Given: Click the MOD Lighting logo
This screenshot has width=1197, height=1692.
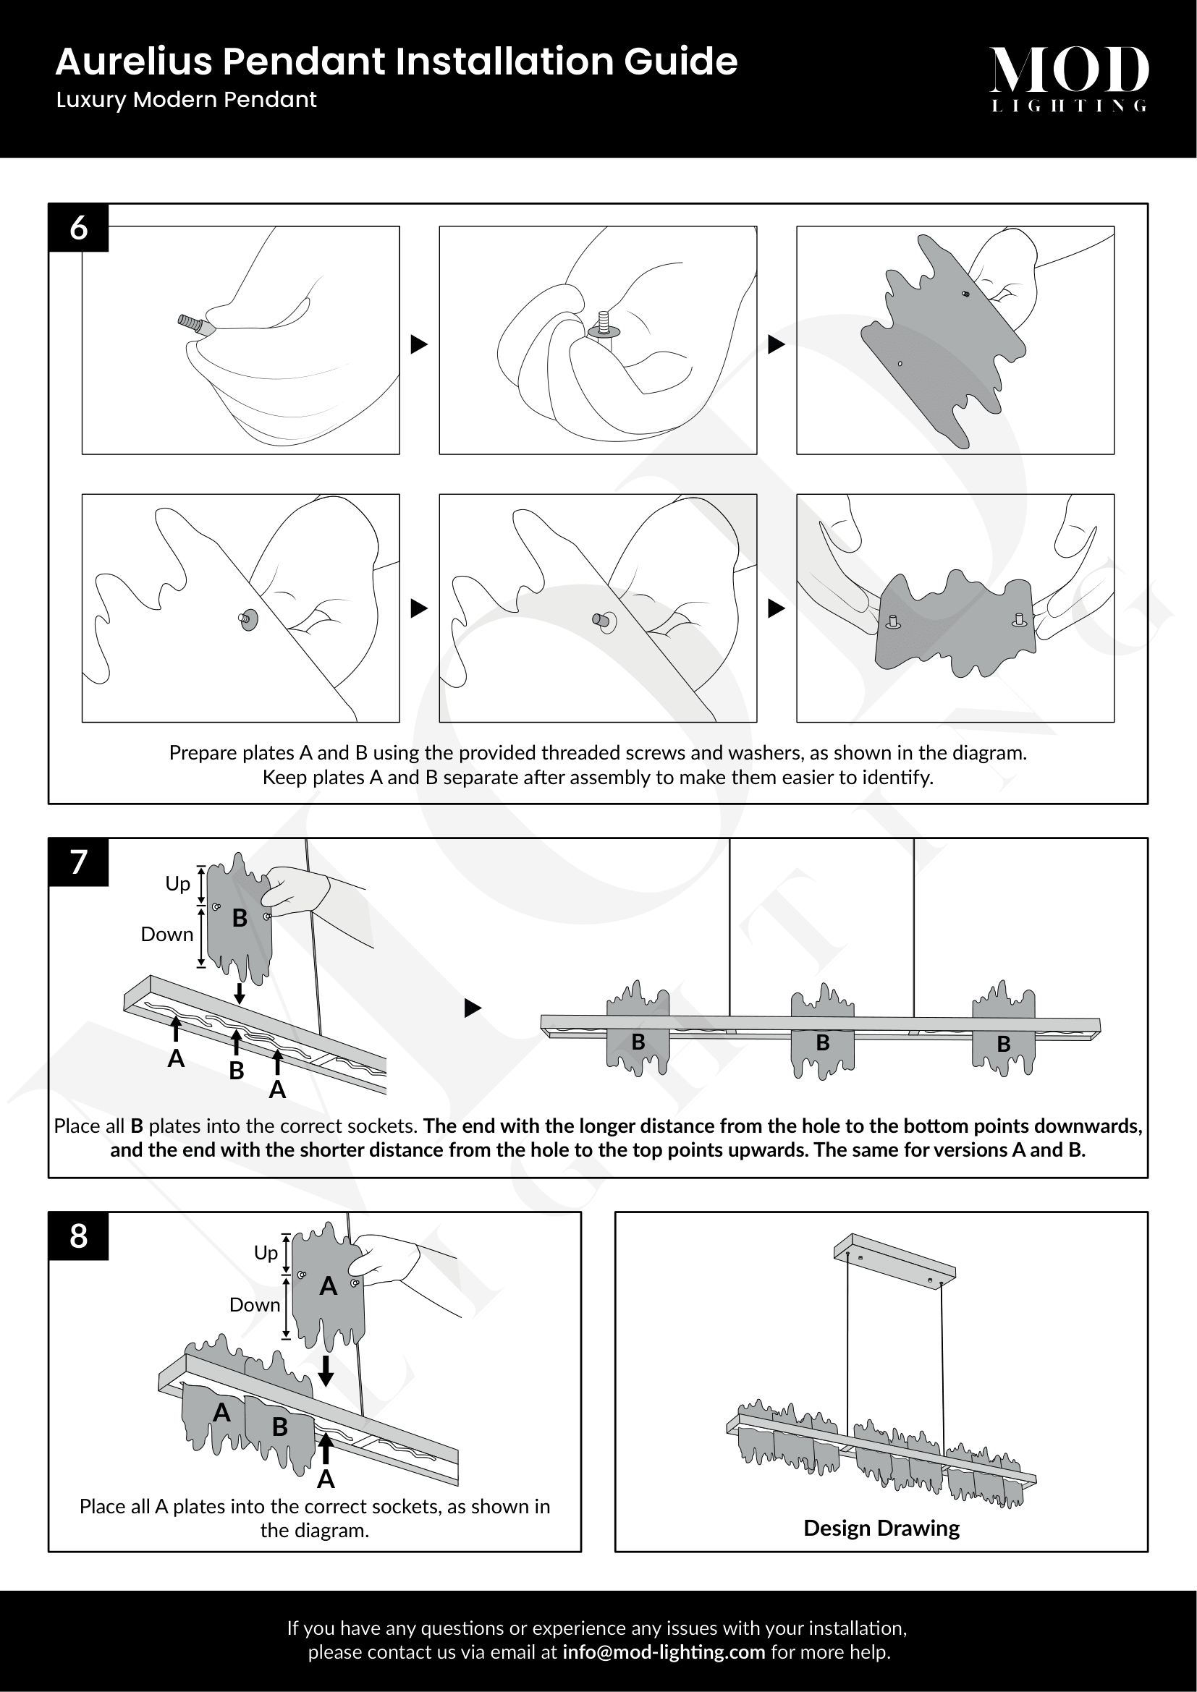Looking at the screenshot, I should [x=1068, y=78].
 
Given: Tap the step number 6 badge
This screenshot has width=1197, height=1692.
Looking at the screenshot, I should [x=79, y=228].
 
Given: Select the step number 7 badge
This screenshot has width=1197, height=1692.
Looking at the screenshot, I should [x=79, y=862].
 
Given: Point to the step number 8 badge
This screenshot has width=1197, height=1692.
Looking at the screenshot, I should [x=79, y=1236].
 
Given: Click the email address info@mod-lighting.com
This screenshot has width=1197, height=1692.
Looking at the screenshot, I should [x=664, y=1651].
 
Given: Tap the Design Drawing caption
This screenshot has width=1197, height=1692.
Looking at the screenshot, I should [x=881, y=1528].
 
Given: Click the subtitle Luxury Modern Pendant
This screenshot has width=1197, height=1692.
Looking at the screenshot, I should [x=187, y=100].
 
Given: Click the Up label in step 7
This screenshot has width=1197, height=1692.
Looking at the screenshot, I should [x=177, y=883].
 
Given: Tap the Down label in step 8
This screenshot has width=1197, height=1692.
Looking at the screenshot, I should [x=255, y=1304].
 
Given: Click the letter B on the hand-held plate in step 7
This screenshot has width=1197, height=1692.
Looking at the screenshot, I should [x=240, y=918].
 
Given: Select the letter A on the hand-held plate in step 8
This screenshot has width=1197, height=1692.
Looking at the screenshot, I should [x=328, y=1287].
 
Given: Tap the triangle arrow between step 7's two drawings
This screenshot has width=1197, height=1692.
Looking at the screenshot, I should [x=473, y=1008].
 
